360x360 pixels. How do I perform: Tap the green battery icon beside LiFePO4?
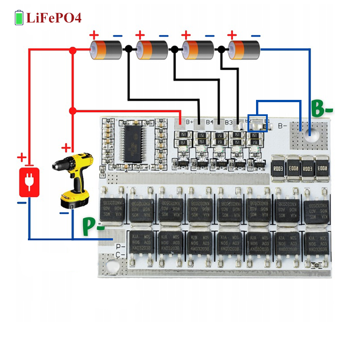tap(19, 18)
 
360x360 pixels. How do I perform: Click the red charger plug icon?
tap(29, 182)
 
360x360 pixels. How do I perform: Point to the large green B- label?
tap(322, 109)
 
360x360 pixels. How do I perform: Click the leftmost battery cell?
tap(106, 50)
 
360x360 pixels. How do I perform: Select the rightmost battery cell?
tap(244, 50)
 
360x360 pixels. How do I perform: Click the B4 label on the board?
tap(209, 121)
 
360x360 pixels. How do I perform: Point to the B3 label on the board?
tap(229, 121)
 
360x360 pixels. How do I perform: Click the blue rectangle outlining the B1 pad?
tap(257, 122)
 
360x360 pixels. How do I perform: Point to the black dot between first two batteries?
tap(128, 49)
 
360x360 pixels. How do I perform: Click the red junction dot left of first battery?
tap(72, 51)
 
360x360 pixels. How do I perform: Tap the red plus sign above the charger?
tap(21, 157)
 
